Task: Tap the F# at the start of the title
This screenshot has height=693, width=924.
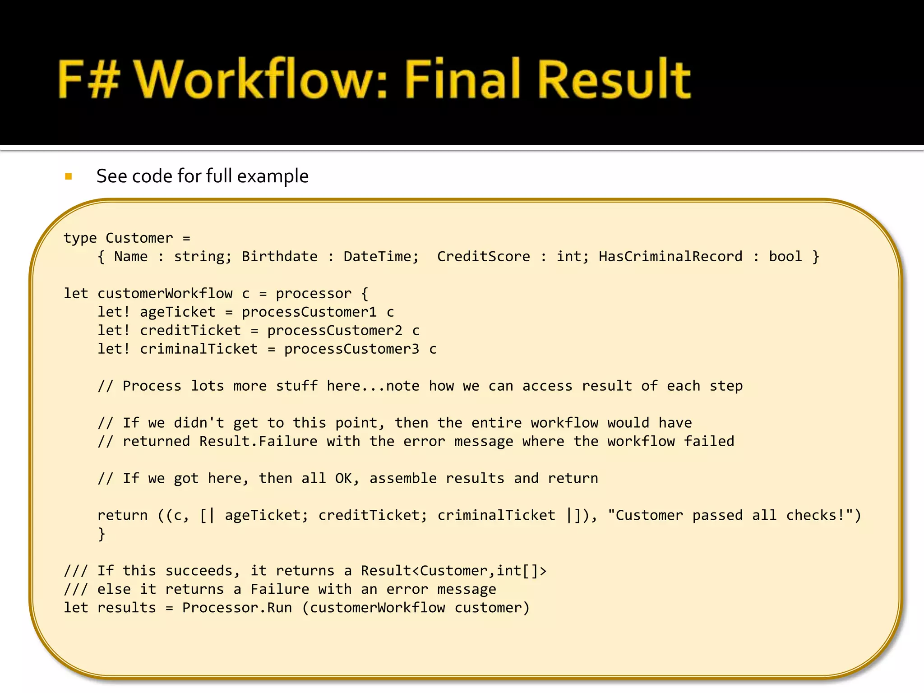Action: [88, 79]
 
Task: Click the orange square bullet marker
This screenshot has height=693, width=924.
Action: [69, 176]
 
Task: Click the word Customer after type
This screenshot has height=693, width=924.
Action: [139, 238]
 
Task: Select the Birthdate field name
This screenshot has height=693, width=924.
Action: [279, 256]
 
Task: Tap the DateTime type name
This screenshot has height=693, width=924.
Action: [381, 256]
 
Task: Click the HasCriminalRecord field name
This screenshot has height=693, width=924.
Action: [670, 256]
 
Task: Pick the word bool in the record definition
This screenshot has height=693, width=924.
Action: [785, 256]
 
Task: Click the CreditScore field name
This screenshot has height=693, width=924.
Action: [483, 256]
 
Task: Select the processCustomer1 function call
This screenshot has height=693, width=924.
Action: [309, 312]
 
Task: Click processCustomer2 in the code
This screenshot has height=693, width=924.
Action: [334, 330]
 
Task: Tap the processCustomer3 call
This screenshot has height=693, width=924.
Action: [351, 349]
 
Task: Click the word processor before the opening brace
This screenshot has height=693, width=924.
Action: [313, 293]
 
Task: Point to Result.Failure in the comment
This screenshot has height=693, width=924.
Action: [258, 441]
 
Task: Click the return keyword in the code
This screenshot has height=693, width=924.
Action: [122, 515]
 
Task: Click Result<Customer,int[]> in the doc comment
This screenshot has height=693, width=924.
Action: [453, 571]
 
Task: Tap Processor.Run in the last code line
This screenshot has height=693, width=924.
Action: [237, 608]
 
